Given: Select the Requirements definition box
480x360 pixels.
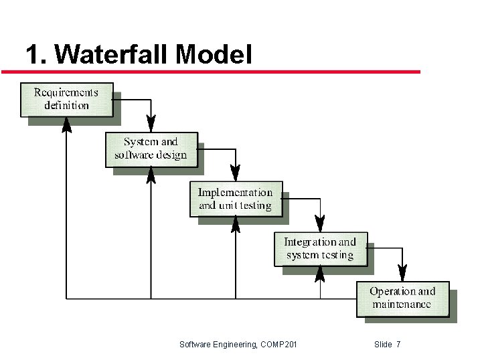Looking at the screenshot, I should (66, 99).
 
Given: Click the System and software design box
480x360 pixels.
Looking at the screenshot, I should (151, 149).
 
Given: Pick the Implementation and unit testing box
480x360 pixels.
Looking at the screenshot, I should (236, 199).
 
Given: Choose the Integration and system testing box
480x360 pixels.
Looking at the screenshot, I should (320, 248).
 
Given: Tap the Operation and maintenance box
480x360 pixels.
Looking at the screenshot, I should (402, 298).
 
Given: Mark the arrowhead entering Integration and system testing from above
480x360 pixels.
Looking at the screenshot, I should (320, 223).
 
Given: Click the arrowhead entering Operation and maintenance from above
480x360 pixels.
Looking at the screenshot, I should (402, 273).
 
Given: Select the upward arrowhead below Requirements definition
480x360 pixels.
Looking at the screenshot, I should (66, 124).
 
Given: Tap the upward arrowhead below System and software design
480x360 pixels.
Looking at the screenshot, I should (151, 174).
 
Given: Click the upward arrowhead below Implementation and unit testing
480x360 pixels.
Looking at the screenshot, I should (236, 224).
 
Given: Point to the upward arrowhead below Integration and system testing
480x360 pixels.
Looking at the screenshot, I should (320, 274).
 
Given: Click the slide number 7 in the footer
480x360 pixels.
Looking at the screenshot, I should (398, 345).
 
